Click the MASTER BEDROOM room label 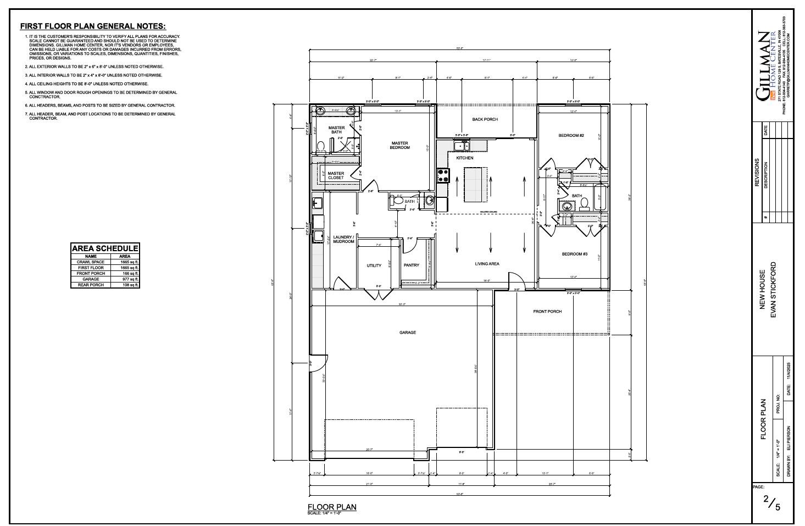pyautogui.click(x=399, y=145)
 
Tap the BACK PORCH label pyautogui.click(x=485, y=119)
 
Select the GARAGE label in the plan pyautogui.click(x=407, y=333)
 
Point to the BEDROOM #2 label pyautogui.click(x=571, y=135)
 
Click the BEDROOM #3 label pyautogui.click(x=574, y=254)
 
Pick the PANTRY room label pyautogui.click(x=411, y=265)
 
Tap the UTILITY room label pyautogui.click(x=374, y=265)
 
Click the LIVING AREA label pyautogui.click(x=487, y=264)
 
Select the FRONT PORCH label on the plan pyautogui.click(x=547, y=312)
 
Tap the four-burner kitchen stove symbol pyautogui.click(x=443, y=175)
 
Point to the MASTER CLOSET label pyautogui.click(x=336, y=175)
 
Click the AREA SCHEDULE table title pyautogui.click(x=105, y=248)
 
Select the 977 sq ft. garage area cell pyautogui.click(x=125, y=279)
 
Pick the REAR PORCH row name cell pyautogui.click(x=91, y=285)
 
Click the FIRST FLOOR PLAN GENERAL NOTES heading pyautogui.click(x=93, y=26)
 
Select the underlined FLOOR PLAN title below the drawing pyautogui.click(x=332, y=507)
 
